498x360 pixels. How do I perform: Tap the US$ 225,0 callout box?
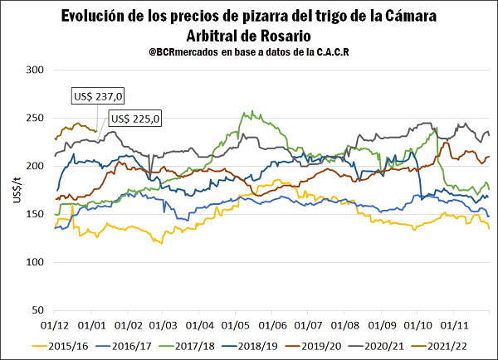pos(134,119)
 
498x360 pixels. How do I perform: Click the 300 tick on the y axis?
pos(36,71)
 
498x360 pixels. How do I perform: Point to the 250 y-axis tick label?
pos(36,119)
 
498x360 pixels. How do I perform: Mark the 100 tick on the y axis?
pos(36,262)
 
